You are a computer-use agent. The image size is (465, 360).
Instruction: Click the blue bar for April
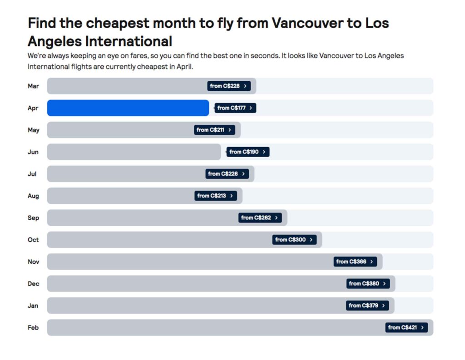[128, 108]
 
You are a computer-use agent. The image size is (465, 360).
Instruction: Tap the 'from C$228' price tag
[229, 86]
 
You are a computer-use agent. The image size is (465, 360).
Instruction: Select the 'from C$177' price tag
[235, 108]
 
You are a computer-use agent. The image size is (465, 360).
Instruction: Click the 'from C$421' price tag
[407, 327]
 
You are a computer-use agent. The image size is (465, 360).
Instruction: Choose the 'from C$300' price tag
[294, 240]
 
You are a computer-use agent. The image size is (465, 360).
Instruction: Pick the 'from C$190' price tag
[248, 152]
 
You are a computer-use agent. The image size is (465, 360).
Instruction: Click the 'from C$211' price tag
[214, 130]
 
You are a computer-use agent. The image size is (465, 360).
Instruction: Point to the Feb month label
[33, 328]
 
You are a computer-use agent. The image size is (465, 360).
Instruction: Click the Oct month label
[33, 240]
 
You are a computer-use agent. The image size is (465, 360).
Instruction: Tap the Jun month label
[33, 152]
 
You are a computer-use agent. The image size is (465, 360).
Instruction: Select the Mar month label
[33, 86]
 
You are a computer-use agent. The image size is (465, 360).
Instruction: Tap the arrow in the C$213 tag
[232, 196]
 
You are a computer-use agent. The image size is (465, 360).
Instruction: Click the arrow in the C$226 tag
[243, 174]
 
